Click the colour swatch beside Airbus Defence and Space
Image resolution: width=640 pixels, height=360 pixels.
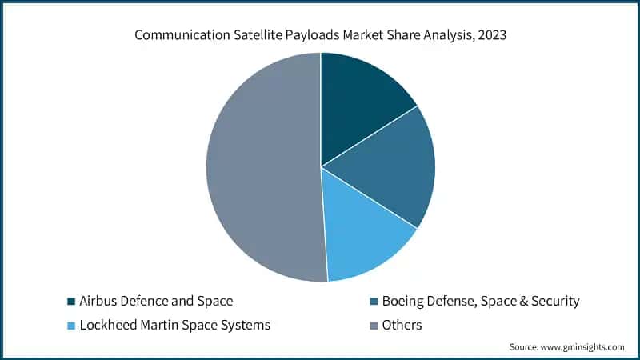(70, 302)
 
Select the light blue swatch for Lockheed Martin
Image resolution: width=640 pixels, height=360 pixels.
(70, 326)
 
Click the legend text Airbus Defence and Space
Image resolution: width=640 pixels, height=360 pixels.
(156, 302)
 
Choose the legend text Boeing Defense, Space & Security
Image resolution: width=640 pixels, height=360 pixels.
(480, 302)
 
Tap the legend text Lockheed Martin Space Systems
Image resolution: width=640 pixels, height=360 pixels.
(174, 326)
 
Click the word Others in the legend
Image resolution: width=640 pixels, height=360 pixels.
(402, 326)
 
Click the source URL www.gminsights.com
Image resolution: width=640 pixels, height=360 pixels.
(582, 347)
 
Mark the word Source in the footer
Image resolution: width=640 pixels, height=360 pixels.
(524, 347)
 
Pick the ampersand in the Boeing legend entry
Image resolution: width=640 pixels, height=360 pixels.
(505, 302)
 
